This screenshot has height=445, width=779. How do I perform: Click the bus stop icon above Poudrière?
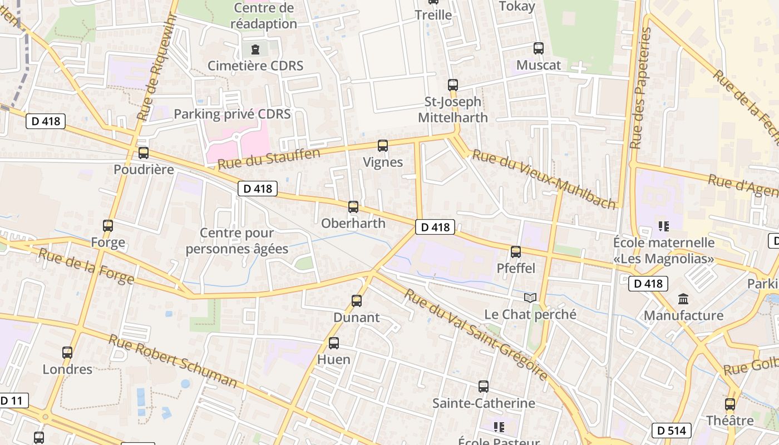click(144, 153)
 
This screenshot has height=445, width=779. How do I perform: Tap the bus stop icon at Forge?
click(108, 226)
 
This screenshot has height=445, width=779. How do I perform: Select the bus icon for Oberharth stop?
click(353, 207)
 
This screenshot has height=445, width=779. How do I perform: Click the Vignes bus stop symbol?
click(383, 146)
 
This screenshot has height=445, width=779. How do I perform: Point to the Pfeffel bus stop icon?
click(516, 252)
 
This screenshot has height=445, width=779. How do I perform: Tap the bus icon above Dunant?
click(357, 301)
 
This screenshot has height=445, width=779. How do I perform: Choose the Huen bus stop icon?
click(334, 343)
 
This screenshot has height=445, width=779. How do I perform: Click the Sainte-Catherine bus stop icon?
click(484, 387)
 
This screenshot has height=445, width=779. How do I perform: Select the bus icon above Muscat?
click(538, 48)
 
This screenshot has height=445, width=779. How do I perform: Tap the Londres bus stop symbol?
click(67, 353)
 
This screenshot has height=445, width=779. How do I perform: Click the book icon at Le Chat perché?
click(531, 298)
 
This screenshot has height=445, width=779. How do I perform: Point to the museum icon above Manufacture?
click(684, 299)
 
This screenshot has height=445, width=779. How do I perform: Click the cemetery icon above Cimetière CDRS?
click(255, 49)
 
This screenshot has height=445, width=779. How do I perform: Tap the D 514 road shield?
click(671, 431)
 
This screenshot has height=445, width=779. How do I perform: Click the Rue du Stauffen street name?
click(269, 159)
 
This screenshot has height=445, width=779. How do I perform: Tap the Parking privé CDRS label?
click(232, 114)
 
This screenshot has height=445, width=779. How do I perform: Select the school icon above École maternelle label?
click(663, 226)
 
